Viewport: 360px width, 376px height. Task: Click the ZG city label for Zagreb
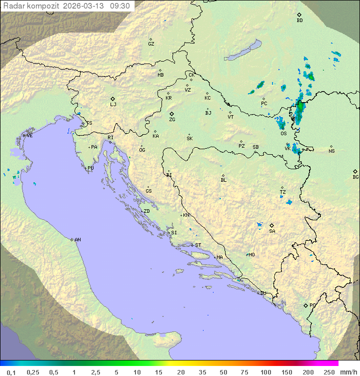(x=172, y=120)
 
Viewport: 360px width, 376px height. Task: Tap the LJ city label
(x=113, y=105)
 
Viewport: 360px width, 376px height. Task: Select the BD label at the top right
(x=299, y=21)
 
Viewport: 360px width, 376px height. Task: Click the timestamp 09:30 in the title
(x=120, y=6)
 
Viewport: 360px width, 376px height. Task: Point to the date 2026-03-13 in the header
(x=85, y=6)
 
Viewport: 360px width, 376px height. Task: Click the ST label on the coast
(x=198, y=245)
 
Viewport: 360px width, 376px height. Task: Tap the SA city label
(x=272, y=231)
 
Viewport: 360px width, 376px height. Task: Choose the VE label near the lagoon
(x=29, y=136)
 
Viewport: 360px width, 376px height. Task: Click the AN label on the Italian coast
(x=77, y=240)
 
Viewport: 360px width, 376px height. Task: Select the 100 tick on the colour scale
(x=265, y=372)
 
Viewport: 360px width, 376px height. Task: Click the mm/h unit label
(x=346, y=372)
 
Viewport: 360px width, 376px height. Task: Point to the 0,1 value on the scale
(x=11, y=372)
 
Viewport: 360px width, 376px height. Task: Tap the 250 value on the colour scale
(x=329, y=372)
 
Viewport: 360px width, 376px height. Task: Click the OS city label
(x=283, y=134)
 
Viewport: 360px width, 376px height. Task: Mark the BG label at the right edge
(x=355, y=177)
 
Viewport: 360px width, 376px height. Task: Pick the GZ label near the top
(x=151, y=44)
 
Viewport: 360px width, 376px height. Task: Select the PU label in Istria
(x=90, y=168)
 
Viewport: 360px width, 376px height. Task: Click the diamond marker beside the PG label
(x=305, y=305)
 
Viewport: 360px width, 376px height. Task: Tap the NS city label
(x=331, y=151)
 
